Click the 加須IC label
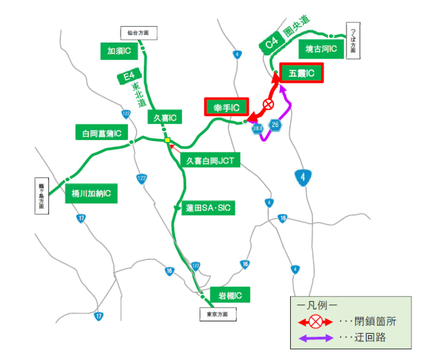point(119,51)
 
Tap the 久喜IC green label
point(166,117)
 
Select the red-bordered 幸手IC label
point(226,107)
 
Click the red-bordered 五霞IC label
point(302,73)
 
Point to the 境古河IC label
point(321,49)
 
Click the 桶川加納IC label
point(91,194)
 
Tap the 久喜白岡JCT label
point(210,160)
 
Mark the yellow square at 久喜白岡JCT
point(168,140)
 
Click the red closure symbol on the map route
point(268,104)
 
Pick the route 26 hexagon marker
point(276,125)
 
